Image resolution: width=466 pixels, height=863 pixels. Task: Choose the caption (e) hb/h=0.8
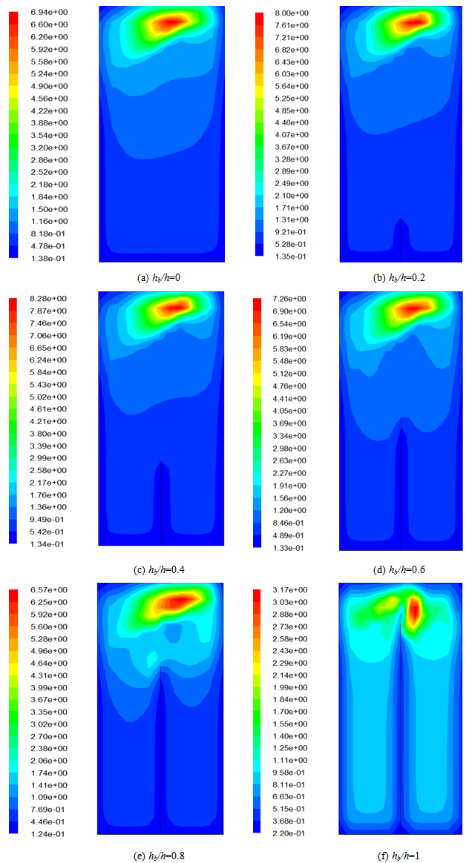tap(160, 855)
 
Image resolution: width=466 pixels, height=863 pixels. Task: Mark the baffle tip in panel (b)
tap(401, 219)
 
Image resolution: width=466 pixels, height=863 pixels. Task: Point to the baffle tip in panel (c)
tap(161, 462)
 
